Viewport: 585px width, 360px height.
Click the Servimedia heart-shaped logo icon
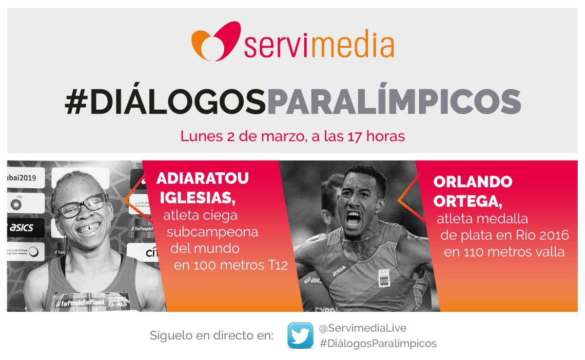pos(216,41)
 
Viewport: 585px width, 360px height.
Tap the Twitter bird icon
pos(300,335)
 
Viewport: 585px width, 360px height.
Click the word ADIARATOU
pos(202,179)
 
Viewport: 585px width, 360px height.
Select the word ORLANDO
pos(473,181)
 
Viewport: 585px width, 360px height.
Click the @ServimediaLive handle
pos(363,328)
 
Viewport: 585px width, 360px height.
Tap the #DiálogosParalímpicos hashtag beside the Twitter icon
pos(378,343)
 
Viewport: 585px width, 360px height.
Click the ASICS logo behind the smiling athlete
pos(21,228)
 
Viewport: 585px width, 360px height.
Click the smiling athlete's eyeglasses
pos(83,206)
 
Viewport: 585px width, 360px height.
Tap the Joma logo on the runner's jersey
pos(339,271)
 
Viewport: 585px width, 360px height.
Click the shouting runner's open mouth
pos(353,219)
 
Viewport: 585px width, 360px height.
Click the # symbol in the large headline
pos(76,102)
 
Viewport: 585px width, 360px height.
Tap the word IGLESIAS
pos(198,198)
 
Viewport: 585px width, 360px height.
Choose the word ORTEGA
pos(468,201)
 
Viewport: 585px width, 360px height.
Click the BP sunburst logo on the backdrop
pos(16,204)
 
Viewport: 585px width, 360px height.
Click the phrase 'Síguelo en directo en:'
pos(212,336)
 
